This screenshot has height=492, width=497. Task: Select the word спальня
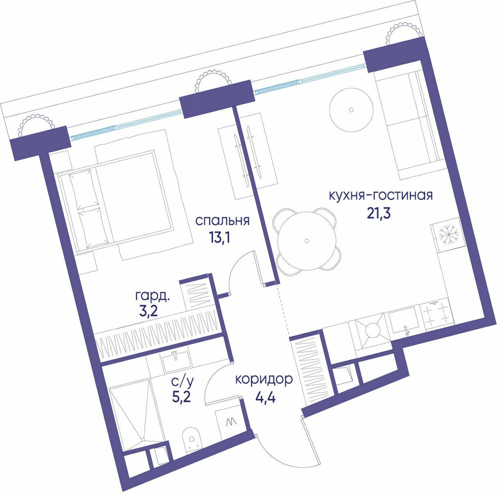click(x=222, y=221)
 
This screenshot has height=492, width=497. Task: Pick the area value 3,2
click(x=148, y=312)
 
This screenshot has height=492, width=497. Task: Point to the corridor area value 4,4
click(x=265, y=397)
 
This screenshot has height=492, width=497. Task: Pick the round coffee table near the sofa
click(x=351, y=110)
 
